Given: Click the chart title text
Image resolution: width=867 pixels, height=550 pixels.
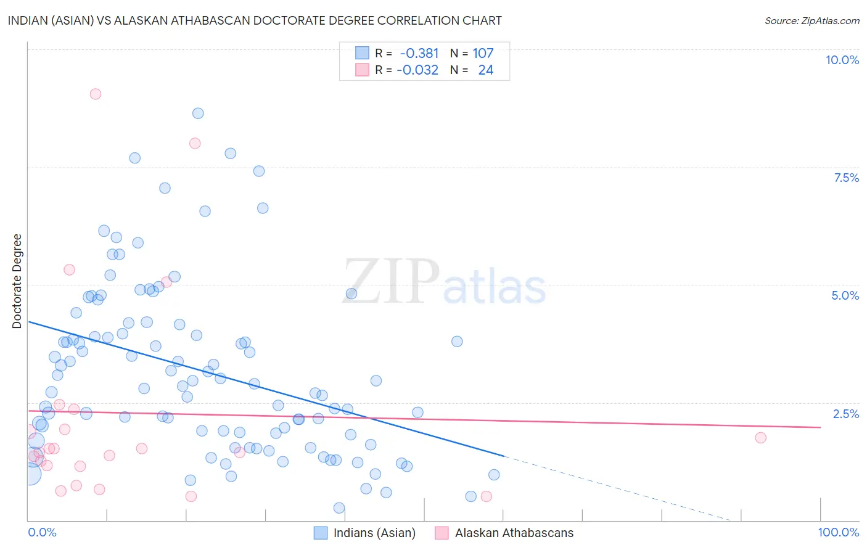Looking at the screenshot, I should coord(255,20).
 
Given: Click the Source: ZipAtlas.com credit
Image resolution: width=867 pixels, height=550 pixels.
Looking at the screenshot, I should coord(812,20).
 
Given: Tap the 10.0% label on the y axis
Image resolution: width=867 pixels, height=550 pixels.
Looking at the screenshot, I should coord(842,60).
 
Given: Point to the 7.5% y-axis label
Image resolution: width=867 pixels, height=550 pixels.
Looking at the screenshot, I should coord(846,178).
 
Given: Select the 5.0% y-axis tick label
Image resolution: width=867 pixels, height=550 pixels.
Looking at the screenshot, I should coord(845,295).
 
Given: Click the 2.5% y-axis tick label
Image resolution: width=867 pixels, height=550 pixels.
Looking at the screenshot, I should coord(846,414).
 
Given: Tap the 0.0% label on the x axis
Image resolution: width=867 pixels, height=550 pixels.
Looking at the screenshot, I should coord(42,532).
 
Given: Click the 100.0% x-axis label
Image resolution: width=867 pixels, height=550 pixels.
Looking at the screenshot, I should coord(838,532).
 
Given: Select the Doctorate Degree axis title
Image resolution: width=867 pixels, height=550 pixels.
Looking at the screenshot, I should coord(17,281).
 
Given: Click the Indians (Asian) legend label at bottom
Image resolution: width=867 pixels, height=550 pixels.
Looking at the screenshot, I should coord(374,533).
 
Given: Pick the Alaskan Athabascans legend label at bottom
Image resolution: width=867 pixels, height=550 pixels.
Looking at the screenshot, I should coord(514,533).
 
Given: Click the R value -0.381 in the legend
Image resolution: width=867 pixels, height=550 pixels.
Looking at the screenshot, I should coord(419,54).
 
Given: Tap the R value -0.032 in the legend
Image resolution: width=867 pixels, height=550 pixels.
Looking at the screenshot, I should coord(417,70).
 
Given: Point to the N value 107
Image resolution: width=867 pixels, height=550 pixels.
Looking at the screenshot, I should coord(483,54).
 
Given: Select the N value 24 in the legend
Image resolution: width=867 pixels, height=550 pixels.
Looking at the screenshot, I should coord(485,70).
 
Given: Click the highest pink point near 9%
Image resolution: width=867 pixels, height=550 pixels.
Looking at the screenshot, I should coord(95,94).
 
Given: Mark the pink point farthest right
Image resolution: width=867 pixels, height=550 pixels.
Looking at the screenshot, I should coord(760,438).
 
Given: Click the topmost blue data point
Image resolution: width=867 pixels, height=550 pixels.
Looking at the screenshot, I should coord(198,113).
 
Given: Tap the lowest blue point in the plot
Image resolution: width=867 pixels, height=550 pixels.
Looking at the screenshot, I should coord(339,508).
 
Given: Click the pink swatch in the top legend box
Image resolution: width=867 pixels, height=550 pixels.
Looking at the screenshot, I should coord(362,70).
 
